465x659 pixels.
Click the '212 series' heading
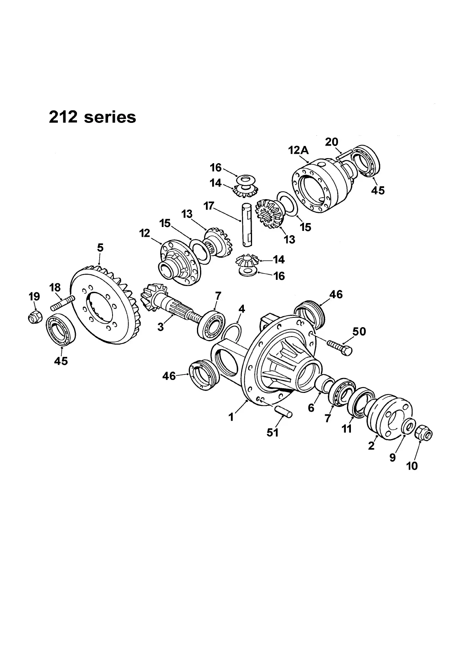point(92,117)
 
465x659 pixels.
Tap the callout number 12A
point(298,150)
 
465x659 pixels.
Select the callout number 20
point(331,142)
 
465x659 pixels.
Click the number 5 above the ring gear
point(100,247)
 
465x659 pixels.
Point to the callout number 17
point(209,206)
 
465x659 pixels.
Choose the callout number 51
point(272,432)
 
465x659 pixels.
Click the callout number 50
point(359,331)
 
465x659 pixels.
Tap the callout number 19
point(34,297)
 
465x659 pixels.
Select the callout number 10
point(412,466)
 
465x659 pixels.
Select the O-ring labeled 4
point(231,333)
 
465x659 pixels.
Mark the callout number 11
point(347,429)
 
